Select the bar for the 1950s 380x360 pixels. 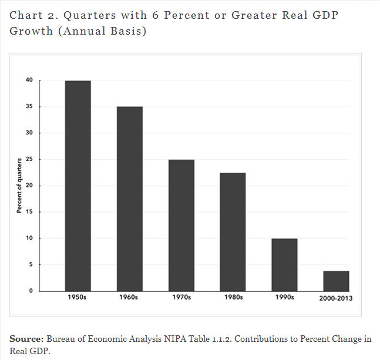pos(78,186)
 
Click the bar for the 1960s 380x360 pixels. pos(129,198)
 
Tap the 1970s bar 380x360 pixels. pos(181,225)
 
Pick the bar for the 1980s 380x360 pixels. pos(233,231)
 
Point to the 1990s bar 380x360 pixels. pos(284,264)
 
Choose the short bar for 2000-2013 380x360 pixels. pos(336,281)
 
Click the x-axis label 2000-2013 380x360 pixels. pos(336,298)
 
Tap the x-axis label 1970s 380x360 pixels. pos(181,298)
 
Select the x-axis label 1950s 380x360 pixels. pos(78,298)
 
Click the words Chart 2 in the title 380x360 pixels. pos(31,15)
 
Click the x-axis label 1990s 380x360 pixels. pos(284,298)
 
